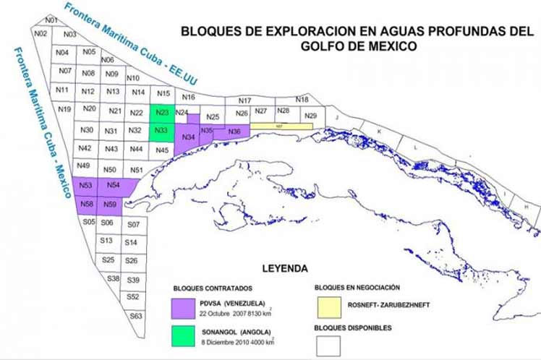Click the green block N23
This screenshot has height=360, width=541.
(x=161, y=113)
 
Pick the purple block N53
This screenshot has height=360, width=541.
(x=85, y=187)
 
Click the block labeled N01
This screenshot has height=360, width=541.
(x=50, y=20)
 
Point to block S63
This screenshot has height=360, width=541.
(x=134, y=316)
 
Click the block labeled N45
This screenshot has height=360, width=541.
(x=161, y=150)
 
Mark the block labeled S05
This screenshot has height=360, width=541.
(x=89, y=222)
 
